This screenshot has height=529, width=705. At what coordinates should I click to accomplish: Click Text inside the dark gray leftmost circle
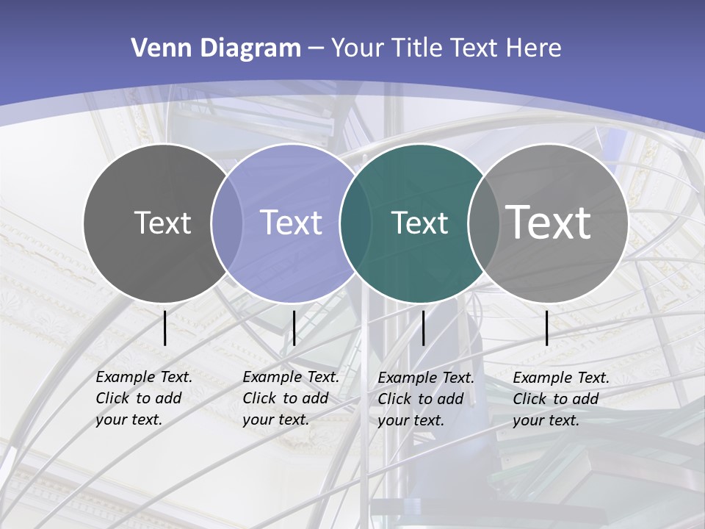pos(162,223)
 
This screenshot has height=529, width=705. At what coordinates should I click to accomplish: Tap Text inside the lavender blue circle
pos(291,223)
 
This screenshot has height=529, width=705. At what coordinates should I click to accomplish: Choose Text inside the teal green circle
pos(419,223)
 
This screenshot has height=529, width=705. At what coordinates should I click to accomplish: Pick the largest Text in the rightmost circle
pos(548,222)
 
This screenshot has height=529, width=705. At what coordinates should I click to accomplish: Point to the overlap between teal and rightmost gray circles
pos(481,223)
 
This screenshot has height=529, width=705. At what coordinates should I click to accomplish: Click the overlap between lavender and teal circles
pos(353,223)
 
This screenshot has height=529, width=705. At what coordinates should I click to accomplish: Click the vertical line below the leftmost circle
pos(165,328)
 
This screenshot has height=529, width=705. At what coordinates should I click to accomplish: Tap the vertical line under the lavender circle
pos(294,328)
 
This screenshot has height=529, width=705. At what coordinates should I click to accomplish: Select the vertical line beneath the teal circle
pos(423,328)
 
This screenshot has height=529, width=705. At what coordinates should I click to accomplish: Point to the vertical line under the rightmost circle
pos(546,328)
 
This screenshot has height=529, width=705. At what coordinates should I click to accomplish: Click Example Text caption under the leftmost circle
pos(144,378)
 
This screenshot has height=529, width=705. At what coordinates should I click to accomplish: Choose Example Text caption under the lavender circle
pos(291,378)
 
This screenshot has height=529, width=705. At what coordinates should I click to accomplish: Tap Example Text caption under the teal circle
pos(426,378)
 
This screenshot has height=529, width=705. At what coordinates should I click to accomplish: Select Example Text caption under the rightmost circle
pos(561,378)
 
